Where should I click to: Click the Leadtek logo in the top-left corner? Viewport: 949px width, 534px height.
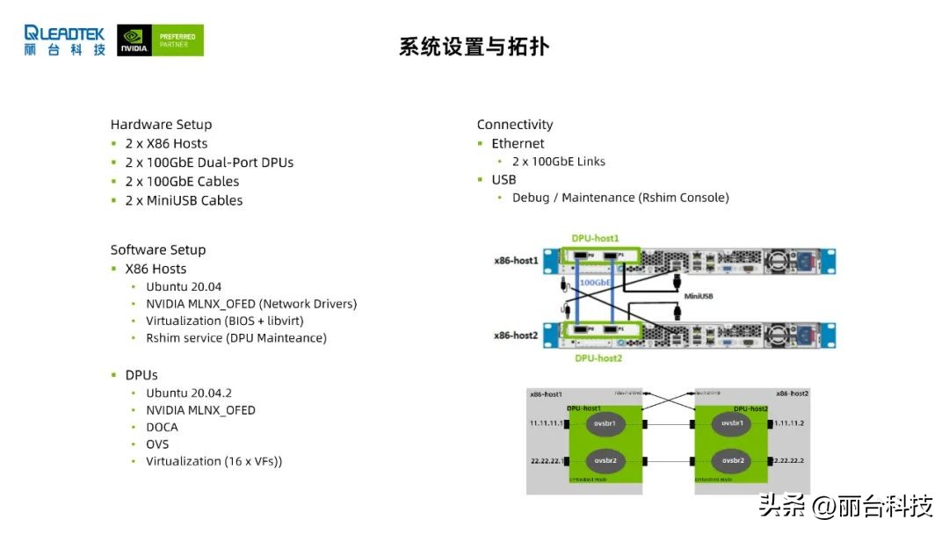64,40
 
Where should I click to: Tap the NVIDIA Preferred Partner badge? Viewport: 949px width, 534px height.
160,40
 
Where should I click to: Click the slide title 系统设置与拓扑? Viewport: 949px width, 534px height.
474,47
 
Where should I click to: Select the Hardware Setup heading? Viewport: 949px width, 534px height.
161,125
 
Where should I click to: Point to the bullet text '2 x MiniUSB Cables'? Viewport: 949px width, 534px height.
184,200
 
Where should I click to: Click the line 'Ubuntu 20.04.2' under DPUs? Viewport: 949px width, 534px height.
189,393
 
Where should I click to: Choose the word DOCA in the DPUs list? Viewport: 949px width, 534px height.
162,427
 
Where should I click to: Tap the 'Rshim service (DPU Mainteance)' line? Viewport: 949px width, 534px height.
235,337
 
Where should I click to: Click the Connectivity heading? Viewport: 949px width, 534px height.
515,125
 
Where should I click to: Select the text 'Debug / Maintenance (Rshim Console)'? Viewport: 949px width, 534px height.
620,198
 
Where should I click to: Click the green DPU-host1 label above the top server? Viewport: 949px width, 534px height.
596,239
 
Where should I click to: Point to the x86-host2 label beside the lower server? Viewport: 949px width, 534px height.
516,336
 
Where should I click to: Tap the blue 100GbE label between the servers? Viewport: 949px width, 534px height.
597,283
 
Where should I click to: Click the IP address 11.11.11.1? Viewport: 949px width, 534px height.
547,423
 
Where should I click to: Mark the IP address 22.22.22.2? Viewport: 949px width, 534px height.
791,460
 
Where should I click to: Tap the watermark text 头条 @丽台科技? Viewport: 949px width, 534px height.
845,506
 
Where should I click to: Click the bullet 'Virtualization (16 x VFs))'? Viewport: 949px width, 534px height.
214,461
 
